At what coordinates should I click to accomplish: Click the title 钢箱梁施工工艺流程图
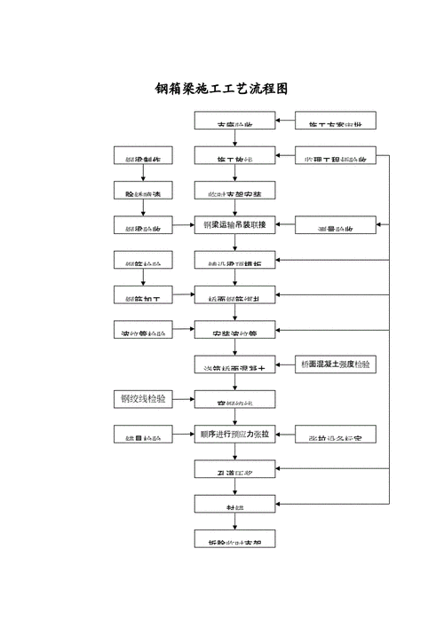coord(222,89)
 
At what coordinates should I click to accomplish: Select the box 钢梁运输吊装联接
coord(234,224)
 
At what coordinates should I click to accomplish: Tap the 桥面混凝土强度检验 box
coord(336,364)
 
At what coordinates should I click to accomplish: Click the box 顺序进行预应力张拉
coord(234,435)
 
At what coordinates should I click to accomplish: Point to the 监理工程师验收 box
coord(336,158)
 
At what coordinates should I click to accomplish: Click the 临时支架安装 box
coord(234,192)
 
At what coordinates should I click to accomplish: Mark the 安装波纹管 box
coord(234,332)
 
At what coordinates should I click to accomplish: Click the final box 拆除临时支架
coord(234,539)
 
